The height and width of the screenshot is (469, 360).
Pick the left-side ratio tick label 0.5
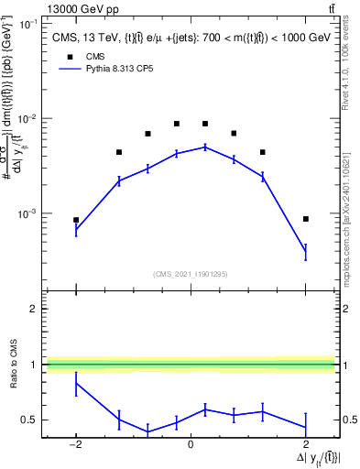pos(30,420)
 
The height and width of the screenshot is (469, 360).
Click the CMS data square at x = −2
pos(76,220)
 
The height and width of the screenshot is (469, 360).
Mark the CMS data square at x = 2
pos(305,219)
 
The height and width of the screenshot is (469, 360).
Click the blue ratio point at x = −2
pos(76,384)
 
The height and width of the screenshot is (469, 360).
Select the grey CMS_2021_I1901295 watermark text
pos(191,273)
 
